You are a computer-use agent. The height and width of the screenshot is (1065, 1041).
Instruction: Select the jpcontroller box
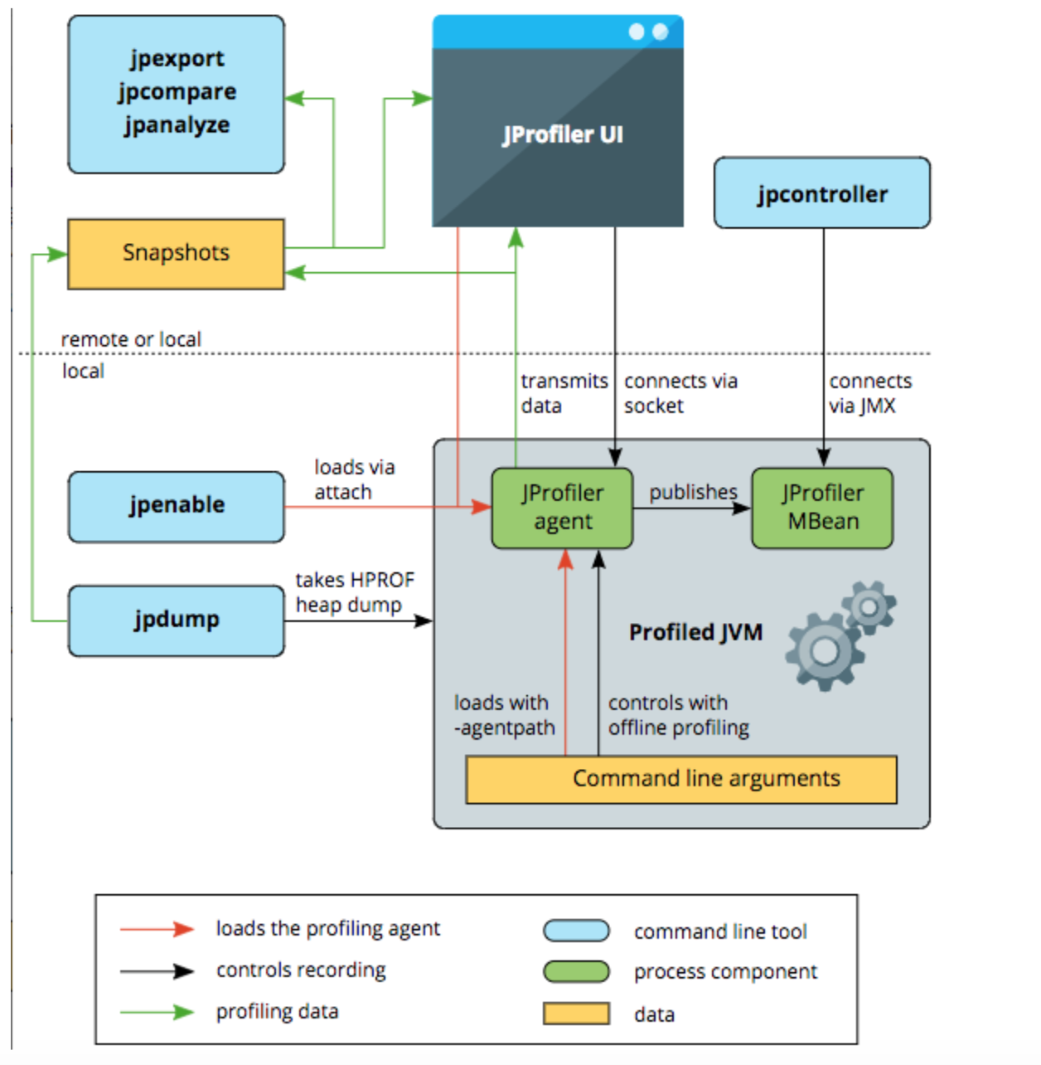(x=822, y=193)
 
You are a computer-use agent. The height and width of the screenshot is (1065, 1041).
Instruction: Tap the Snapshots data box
(x=176, y=253)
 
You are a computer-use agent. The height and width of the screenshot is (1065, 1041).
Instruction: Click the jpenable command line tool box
(x=177, y=506)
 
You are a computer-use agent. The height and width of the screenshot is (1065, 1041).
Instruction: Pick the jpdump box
(x=177, y=620)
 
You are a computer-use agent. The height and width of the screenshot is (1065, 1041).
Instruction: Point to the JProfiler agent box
(x=562, y=508)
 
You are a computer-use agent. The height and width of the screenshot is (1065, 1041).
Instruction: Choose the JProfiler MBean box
(x=822, y=508)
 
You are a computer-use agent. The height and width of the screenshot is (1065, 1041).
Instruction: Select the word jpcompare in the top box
(x=177, y=91)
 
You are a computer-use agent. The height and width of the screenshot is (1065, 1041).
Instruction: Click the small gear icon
(x=869, y=607)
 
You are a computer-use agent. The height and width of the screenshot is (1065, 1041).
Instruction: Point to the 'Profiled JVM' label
(x=695, y=633)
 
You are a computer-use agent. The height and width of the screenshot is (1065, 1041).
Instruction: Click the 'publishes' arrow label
(x=693, y=492)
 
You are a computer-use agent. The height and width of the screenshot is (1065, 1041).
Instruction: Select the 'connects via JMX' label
(x=869, y=393)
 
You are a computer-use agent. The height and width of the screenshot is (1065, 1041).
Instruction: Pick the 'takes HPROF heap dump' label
(x=355, y=592)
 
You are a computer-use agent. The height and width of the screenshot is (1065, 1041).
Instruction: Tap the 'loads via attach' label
(x=354, y=479)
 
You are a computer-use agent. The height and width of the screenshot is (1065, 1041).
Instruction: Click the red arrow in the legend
(x=157, y=929)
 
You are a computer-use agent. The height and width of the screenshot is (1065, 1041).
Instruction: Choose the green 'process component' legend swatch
(x=576, y=971)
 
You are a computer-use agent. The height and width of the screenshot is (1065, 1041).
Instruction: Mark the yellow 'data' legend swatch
(x=576, y=1014)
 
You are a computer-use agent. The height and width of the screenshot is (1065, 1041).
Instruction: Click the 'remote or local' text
(x=131, y=339)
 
